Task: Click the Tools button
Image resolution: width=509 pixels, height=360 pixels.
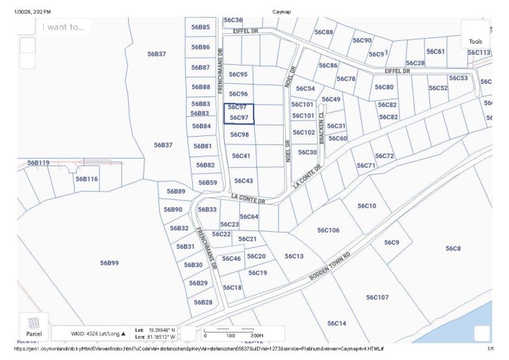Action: click(476, 35)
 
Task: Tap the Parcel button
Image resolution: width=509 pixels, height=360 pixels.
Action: click(34, 326)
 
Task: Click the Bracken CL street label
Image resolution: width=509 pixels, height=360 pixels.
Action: click(322, 128)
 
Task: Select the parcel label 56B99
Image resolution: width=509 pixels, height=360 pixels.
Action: click(109, 263)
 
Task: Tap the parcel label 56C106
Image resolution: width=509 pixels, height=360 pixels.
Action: click(328, 230)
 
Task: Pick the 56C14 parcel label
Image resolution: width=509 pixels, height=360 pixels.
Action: click(337, 323)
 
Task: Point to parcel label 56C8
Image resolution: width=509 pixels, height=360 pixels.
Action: click(453, 248)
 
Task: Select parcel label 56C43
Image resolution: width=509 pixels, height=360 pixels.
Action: click(243, 181)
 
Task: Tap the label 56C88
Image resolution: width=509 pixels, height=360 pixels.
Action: click(324, 32)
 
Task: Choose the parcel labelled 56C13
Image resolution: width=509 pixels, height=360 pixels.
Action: click(294, 256)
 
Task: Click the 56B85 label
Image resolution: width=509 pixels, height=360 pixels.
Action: click(201, 27)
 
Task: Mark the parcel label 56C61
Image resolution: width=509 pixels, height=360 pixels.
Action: click(436, 51)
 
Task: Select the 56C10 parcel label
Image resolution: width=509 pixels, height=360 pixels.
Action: click(367, 206)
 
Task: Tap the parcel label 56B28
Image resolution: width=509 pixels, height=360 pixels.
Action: click(203, 302)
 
